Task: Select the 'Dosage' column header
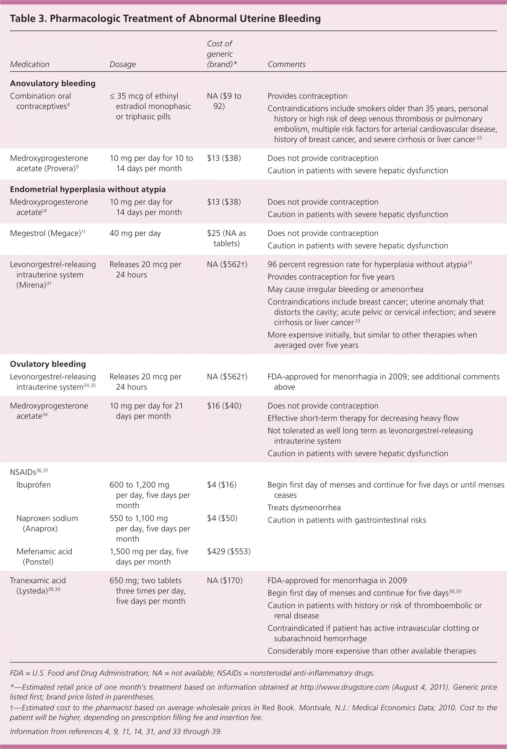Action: click(122, 64)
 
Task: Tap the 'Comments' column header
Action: click(286, 64)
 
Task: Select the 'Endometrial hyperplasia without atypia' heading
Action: click(88, 189)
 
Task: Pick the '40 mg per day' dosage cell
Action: click(135, 233)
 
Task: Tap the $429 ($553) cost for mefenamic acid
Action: click(229, 551)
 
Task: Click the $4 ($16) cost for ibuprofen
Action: click(221, 485)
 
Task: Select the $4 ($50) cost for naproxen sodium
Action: click(222, 518)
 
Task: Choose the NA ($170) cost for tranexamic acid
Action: click(225, 581)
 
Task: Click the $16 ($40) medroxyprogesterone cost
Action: click(224, 406)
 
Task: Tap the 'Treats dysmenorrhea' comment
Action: click(304, 508)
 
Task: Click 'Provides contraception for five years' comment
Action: click(331, 277)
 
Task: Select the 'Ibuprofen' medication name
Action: click(34, 485)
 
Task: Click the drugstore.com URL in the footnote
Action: click(344, 687)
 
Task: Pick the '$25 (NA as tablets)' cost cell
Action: click(226, 238)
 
